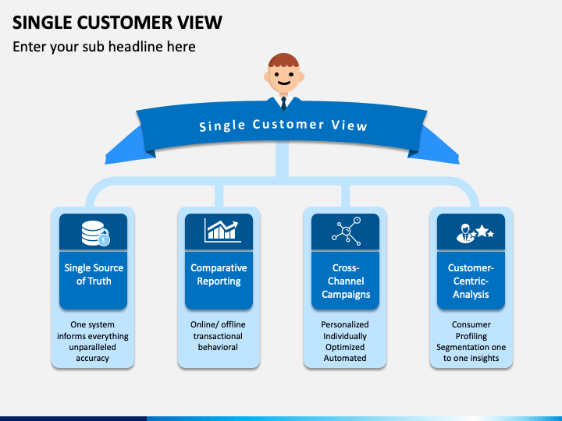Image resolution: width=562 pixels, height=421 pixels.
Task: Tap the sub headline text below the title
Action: pos(104,47)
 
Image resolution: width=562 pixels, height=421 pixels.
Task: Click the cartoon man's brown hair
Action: pos(283,60)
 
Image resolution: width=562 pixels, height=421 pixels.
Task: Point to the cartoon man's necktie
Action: pos(283,103)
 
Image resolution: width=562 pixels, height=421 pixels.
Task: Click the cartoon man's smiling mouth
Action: pos(284,83)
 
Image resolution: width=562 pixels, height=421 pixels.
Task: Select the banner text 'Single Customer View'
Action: pos(283,126)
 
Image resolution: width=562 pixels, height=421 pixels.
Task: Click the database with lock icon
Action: pos(95,233)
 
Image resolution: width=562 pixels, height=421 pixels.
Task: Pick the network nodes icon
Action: pos(347,231)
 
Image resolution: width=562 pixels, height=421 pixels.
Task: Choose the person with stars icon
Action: pos(475,233)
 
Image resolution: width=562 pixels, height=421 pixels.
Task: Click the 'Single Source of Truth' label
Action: pos(94,274)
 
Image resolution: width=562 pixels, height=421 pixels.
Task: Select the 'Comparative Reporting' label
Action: pos(219,274)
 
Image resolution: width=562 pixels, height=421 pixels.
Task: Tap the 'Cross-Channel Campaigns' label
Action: pos(346,281)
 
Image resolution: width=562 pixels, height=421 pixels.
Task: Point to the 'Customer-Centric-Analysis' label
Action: pos(471,281)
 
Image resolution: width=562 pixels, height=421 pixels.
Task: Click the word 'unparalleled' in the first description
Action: pos(92,347)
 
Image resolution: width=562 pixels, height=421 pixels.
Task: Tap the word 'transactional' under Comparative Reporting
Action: pos(218,336)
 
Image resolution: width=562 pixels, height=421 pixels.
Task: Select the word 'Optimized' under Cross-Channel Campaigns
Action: pos(345,347)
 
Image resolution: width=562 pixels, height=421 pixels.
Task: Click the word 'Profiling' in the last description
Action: pos(471,336)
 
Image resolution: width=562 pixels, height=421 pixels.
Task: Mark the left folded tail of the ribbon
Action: pos(127,147)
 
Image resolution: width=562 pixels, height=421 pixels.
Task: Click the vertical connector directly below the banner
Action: pos(282,159)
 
